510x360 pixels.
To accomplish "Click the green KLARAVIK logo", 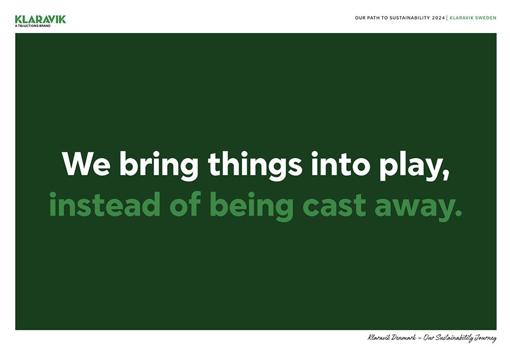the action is (x=40, y=19).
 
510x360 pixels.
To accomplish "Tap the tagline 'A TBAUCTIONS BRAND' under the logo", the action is (x=33, y=26).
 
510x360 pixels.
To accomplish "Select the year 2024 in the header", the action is (x=438, y=18).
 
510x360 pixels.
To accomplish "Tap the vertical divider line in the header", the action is (x=447, y=18).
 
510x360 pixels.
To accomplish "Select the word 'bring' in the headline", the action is (x=159, y=166).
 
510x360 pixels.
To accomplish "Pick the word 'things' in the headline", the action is (x=256, y=166).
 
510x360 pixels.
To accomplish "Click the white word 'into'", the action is (x=341, y=164).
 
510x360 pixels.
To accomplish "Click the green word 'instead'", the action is (x=105, y=204).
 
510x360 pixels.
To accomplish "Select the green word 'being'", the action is (x=252, y=206).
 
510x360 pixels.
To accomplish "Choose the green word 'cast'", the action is (x=335, y=206).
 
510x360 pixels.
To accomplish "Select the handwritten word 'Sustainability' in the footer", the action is (x=454, y=338).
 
